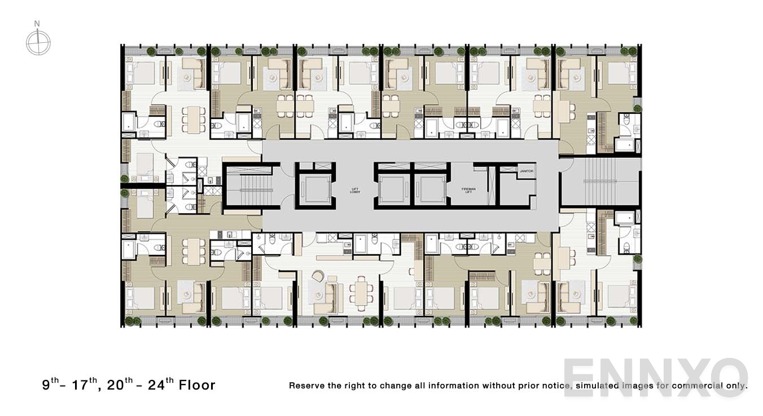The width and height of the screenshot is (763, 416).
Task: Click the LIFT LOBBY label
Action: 354,191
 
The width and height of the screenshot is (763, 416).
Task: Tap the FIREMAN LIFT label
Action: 469,191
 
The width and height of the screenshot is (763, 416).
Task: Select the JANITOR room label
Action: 527,171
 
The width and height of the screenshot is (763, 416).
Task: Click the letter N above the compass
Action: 37,24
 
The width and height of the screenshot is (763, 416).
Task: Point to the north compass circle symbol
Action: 38,43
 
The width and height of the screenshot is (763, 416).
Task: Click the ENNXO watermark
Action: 655,378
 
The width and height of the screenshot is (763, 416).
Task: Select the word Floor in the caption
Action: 197,385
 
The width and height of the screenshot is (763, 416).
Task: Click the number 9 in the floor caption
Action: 46,385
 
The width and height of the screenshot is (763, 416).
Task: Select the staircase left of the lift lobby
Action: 251,185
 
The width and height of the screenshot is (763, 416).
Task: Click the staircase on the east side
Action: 600,181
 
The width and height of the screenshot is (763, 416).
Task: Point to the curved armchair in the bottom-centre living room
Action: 318,276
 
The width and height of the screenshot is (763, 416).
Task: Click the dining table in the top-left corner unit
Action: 194,120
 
